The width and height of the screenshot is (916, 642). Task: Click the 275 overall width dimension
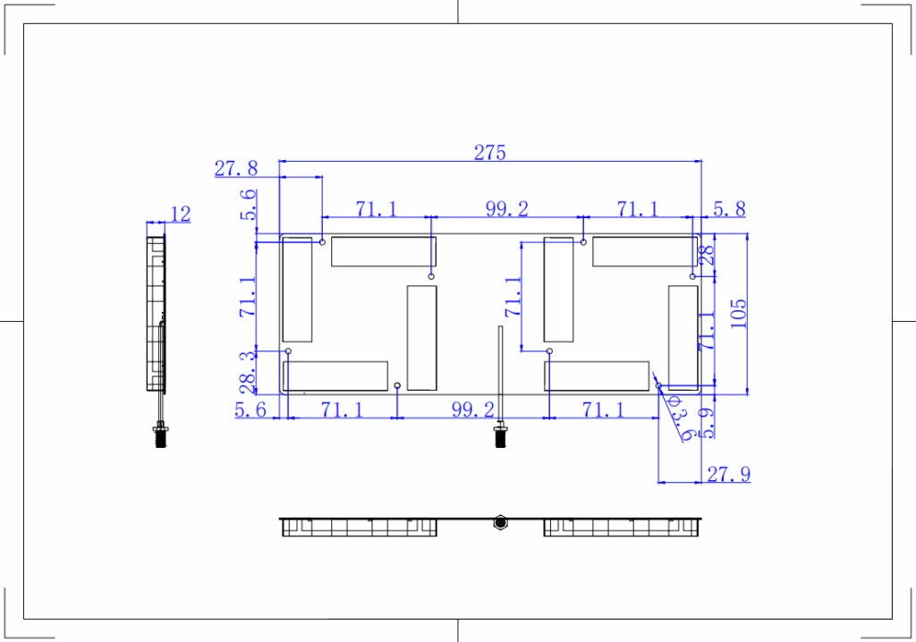pos(489,152)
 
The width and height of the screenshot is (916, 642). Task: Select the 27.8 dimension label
pos(236,168)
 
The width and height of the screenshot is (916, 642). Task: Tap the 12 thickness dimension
pos(180,214)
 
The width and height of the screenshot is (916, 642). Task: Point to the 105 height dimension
pos(739,313)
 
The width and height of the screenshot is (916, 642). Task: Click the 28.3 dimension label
pos(247,370)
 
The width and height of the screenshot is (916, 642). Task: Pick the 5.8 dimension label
pos(729,209)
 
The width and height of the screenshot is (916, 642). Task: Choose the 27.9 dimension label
pos(728,474)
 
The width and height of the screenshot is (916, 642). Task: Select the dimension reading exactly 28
pos(707,256)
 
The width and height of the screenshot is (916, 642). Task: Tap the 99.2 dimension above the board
pos(507,209)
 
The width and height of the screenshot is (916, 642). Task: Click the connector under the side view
pos(161,435)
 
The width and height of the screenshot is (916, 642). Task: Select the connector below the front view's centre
pos(500,436)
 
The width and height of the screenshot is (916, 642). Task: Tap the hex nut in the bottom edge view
pos(499,521)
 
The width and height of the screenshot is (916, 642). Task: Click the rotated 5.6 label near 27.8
pos(248,206)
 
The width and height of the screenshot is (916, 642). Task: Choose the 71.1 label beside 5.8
pos(637,209)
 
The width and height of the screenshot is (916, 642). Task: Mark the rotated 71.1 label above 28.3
pos(247,298)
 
